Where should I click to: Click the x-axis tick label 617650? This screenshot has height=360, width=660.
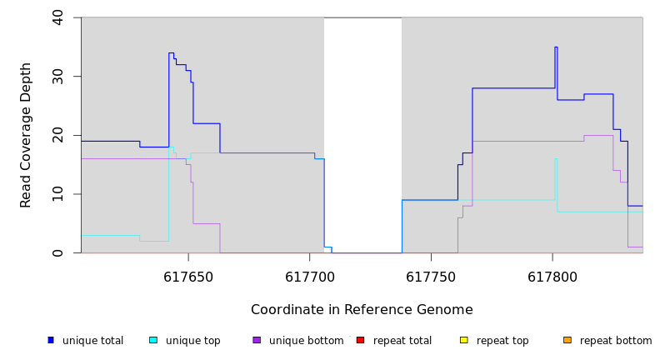(188, 276)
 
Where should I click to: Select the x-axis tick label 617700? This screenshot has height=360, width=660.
(309, 276)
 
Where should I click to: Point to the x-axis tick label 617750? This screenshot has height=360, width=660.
(431, 276)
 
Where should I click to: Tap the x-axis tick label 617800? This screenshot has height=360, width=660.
(552, 276)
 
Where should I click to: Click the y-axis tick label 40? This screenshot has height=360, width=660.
(57, 17)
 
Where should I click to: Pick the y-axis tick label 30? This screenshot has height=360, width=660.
(57, 77)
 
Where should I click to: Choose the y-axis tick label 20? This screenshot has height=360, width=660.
(57, 135)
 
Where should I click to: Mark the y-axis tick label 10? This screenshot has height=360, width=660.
(57, 194)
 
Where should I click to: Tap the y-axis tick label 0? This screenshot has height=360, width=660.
(57, 252)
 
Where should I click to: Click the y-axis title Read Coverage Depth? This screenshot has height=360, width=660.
(27, 135)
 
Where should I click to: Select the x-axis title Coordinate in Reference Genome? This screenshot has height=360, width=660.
(362, 310)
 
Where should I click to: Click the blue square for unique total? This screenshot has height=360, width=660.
(51, 340)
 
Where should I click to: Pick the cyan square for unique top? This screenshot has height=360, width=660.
(153, 340)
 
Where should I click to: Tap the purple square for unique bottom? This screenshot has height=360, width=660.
(257, 340)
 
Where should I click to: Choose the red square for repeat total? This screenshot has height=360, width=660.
(360, 340)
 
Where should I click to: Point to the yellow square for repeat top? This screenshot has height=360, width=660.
(464, 340)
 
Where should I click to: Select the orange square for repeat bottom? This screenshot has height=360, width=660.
(567, 340)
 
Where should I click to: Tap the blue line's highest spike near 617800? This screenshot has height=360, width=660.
(556, 47)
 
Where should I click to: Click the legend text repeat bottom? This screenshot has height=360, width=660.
(616, 341)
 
